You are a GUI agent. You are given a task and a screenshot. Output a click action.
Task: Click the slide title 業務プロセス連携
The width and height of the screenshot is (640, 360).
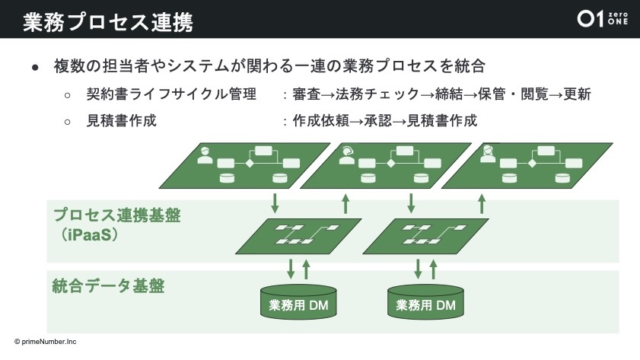coord(107,21)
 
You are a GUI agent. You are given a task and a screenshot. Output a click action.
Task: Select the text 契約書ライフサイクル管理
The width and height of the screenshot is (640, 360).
coord(171,96)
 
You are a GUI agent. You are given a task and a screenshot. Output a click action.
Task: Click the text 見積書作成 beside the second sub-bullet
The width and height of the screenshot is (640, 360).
coord(122,120)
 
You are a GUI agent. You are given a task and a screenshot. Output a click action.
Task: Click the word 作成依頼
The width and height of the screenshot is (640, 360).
coord(320,120)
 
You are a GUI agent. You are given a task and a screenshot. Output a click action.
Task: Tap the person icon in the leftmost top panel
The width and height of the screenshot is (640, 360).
coord(204,156)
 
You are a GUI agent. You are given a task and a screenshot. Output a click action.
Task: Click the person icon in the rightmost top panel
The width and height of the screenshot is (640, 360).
coord(487,155)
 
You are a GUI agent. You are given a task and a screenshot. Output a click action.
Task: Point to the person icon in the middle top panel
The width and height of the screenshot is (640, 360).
coord(347,155)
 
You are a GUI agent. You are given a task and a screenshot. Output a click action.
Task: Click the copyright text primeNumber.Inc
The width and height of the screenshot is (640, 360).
coord(45,342)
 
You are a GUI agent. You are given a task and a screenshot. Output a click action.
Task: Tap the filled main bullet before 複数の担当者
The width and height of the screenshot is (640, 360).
coord(35,67)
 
